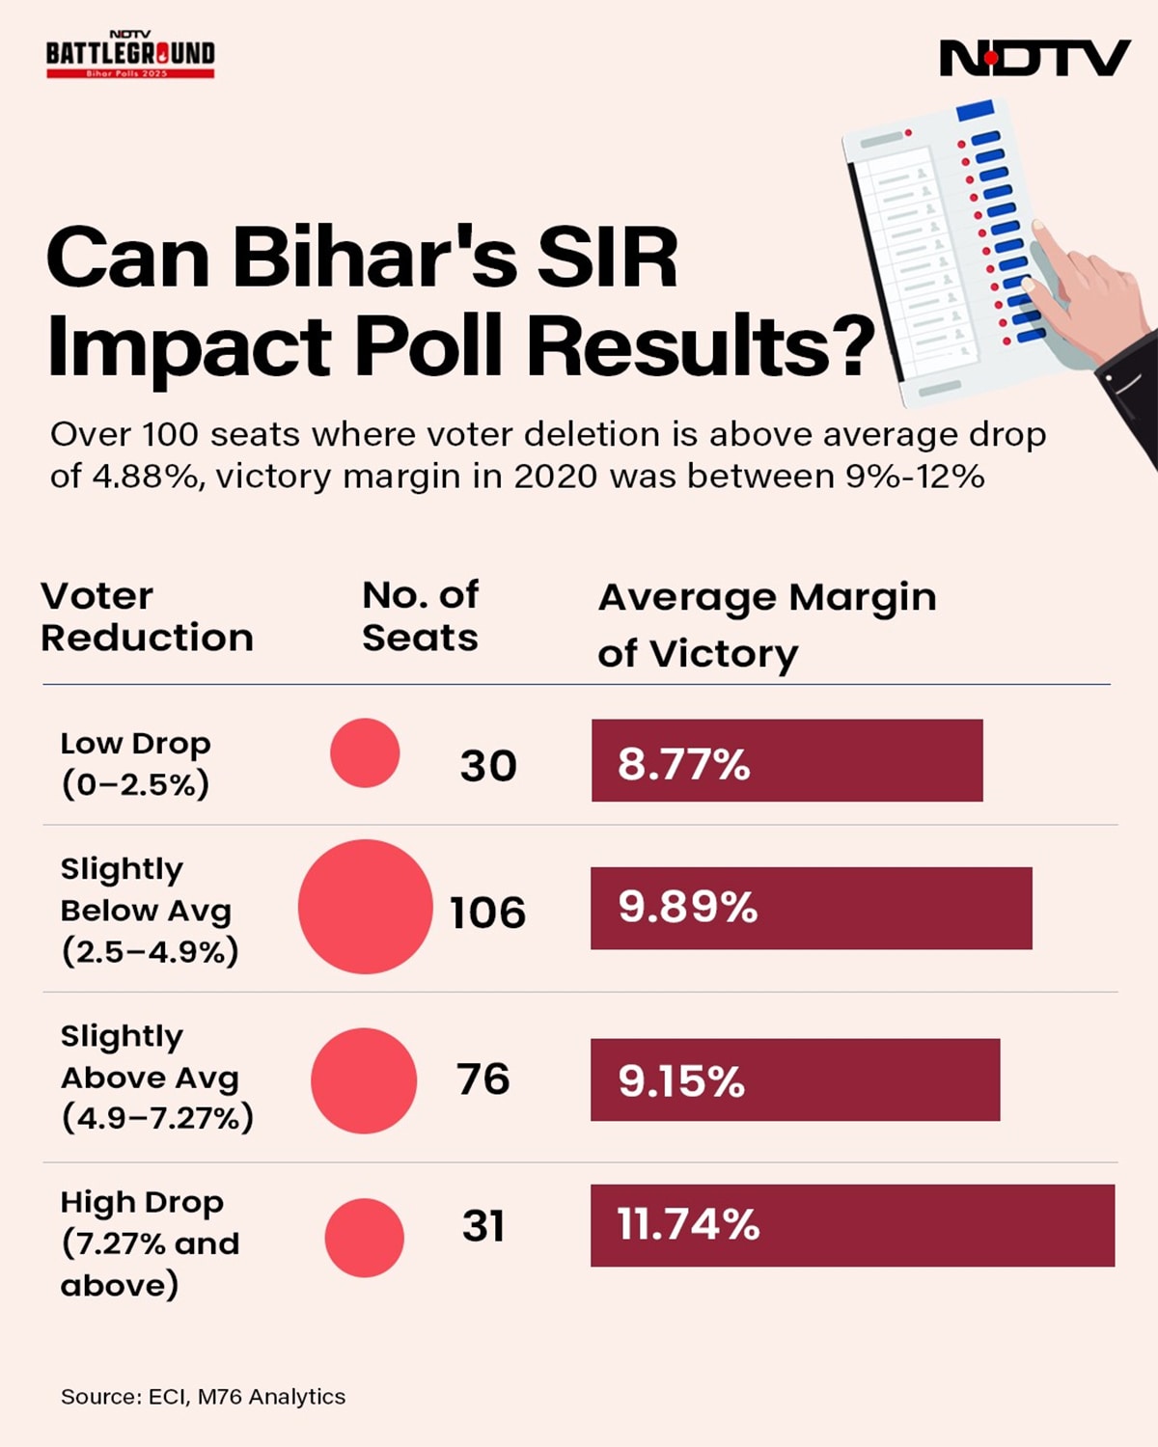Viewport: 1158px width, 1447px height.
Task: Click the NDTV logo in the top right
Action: click(1034, 58)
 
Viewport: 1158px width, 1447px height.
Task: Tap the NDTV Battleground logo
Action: click(130, 55)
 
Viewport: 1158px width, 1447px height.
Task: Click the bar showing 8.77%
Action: click(786, 760)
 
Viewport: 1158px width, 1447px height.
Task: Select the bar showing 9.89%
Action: click(811, 908)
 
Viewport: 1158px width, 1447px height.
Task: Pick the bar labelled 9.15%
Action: click(794, 1079)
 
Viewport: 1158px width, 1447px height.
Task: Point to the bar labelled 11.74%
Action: click(852, 1225)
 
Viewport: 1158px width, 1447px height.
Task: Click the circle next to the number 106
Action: click(365, 907)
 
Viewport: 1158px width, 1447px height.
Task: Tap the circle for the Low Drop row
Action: click(365, 752)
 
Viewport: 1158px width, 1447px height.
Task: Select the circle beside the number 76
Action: click(364, 1080)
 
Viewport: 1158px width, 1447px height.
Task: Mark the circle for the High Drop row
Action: click(364, 1238)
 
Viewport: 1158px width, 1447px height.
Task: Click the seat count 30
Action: click(488, 766)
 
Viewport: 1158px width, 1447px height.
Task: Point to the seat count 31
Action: click(483, 1226)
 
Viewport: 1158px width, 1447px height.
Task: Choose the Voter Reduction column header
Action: click(147, 617)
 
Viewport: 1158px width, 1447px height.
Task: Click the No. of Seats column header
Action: click(420, 617)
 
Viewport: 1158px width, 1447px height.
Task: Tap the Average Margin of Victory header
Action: click(767, 625)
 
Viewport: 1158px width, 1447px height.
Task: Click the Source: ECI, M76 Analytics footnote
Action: click(203, 1396)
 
